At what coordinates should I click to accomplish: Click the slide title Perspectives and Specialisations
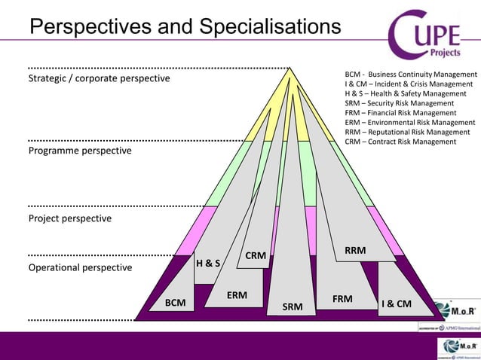[185, 27]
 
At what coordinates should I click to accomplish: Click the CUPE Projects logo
[432, 35]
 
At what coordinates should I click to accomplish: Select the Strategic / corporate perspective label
[99, 78]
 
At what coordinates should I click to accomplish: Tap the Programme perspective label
[80, 151]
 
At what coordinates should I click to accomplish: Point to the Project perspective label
[69, 218]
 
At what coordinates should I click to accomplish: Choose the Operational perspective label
[80, 267]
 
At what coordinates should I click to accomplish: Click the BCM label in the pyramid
[175, 303]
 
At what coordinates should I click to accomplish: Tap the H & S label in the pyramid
[208, 264]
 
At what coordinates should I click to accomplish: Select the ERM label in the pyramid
[237, 295]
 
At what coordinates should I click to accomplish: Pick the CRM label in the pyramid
[256, 256]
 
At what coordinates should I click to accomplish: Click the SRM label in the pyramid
[293, 307]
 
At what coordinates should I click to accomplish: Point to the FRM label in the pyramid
[342, 299]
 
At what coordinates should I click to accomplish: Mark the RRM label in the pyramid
[355, 250]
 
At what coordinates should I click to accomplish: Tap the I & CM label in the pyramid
[397, 304]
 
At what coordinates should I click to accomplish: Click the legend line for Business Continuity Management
[411, 75]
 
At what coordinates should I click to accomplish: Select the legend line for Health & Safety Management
[406, 93]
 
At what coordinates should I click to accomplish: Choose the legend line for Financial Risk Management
[403, 112]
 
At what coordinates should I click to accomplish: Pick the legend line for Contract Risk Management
[400, 141]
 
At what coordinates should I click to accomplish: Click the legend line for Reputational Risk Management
[409, 131]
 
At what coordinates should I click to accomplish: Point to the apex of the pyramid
[290, 69]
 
